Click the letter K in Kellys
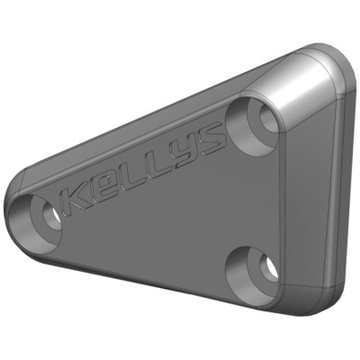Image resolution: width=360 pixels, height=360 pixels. pyautogui.click(x=79, y=197)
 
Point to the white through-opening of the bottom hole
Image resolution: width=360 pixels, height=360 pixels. pyautogui.click(x=265, y=268)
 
